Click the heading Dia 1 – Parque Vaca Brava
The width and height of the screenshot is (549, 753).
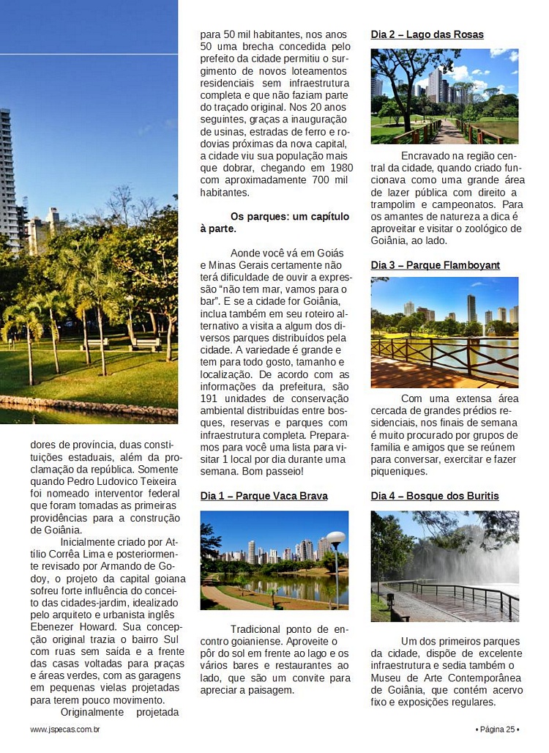(264, 496)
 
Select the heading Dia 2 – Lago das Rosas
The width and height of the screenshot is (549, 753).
(427, 34)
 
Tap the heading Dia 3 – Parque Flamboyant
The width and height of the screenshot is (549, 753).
(435, 265)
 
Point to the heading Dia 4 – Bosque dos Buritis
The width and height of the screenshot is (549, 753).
(434, 496)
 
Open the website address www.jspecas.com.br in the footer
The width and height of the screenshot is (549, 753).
(65, 729)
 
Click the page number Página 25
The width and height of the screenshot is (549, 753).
(497, 729)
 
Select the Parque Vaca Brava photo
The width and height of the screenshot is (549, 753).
(274, 560)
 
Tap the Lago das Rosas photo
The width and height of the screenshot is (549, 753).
(444, 96)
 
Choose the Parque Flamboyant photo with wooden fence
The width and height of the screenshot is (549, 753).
(444, 331)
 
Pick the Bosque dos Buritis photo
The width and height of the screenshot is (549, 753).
(444, 565)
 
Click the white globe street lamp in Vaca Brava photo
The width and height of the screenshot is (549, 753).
(335, 538)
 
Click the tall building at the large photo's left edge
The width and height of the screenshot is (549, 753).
(6, 176)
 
